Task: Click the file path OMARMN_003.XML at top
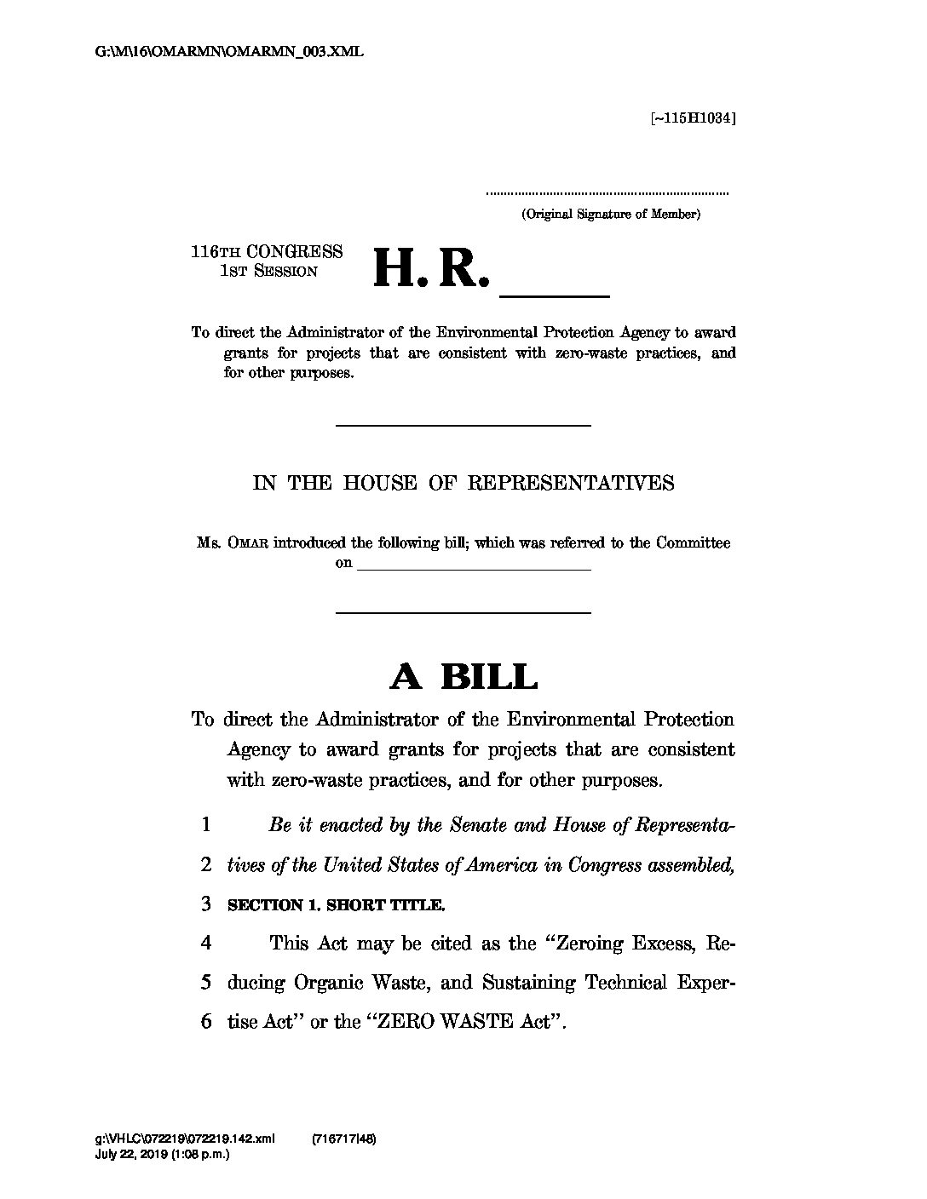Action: coord(229,52)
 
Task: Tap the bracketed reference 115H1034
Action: coord(693,118)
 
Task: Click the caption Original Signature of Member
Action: coord(611,215)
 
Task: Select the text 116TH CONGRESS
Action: coord(267,252)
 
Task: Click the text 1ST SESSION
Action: coord(268,272)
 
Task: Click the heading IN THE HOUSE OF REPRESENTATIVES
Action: coord(463,484)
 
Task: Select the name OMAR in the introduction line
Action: coord(248,543)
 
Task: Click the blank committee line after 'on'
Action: coord(474,565)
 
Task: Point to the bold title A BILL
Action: coord(463,678)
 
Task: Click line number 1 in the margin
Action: coord(205,825)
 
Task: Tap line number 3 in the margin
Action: coord(205,904)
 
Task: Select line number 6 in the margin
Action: coord(205,1022)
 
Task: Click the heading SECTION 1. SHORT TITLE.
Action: coord(336,905)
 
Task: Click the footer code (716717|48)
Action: coord(345,1139)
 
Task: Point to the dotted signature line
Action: coord(607,194)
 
